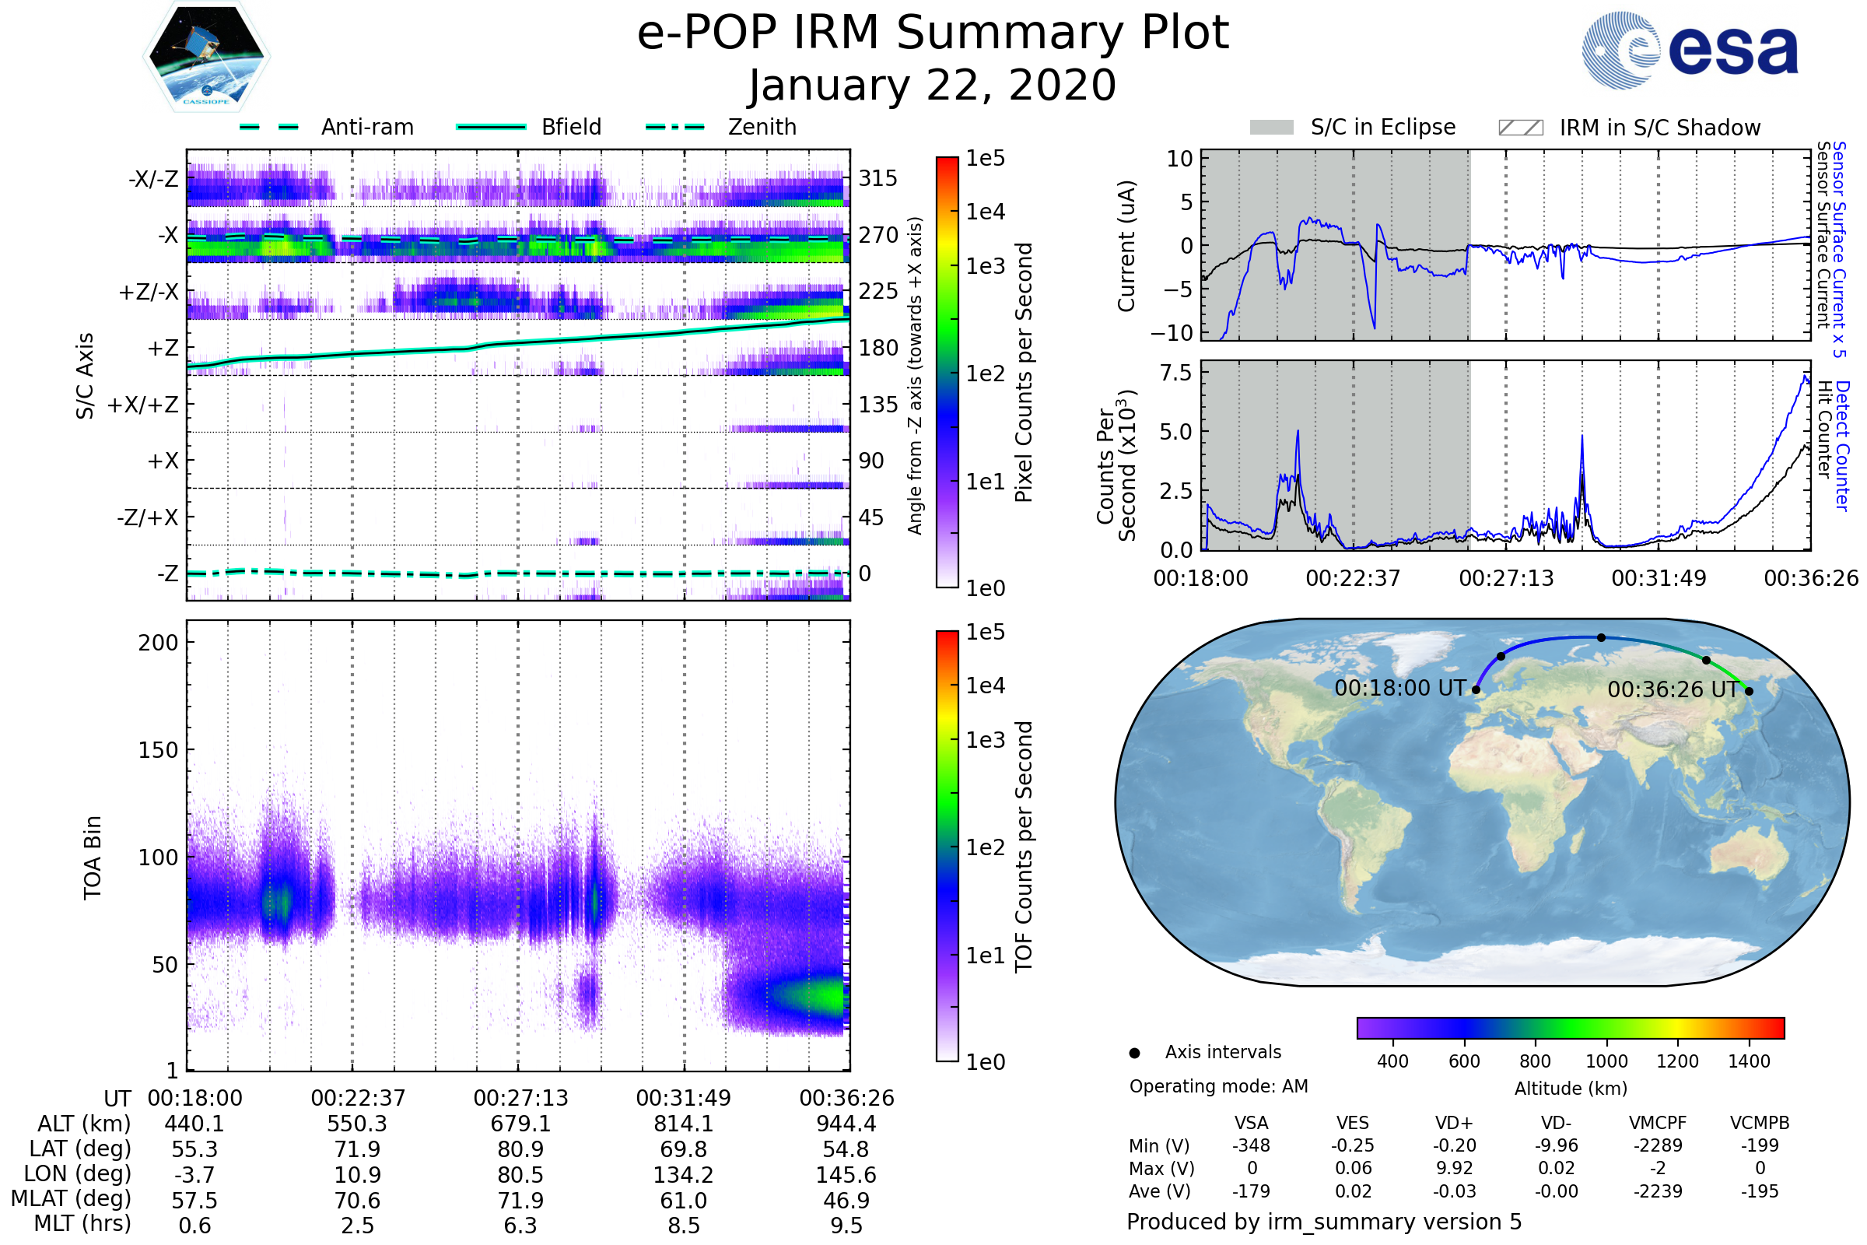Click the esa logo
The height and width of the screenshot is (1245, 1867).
pos(1690,50)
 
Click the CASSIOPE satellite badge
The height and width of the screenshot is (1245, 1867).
pos(206,56)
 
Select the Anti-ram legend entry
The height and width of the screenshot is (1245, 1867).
pos(327,127)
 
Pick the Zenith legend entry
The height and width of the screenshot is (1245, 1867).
pos(722,127)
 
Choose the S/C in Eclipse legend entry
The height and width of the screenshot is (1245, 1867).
pos(1353,127)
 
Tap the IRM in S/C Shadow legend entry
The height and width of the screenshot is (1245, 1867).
pos(1630,128)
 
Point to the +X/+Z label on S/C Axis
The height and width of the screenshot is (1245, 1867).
pos(143,405)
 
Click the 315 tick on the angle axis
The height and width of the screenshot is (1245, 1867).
pos(878,178)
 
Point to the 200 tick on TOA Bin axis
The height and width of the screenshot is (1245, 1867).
pos(158,643)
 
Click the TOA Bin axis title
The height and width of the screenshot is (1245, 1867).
pos(92,857)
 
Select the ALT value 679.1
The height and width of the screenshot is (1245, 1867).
pos(520,1124)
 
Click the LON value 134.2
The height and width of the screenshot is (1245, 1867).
pos(684,1174)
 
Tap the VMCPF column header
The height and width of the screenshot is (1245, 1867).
pos(1658,1123)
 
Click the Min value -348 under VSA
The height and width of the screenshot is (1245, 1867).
pos(1251,1145)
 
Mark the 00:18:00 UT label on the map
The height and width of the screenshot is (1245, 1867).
pos(1400,688)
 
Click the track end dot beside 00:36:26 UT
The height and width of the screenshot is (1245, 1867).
pos(1749,691)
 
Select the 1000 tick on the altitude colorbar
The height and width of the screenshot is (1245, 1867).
pos(1606,1061)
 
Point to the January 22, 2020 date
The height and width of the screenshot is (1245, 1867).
pos(933,85)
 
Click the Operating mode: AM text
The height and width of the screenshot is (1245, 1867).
pos(1218,1086)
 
